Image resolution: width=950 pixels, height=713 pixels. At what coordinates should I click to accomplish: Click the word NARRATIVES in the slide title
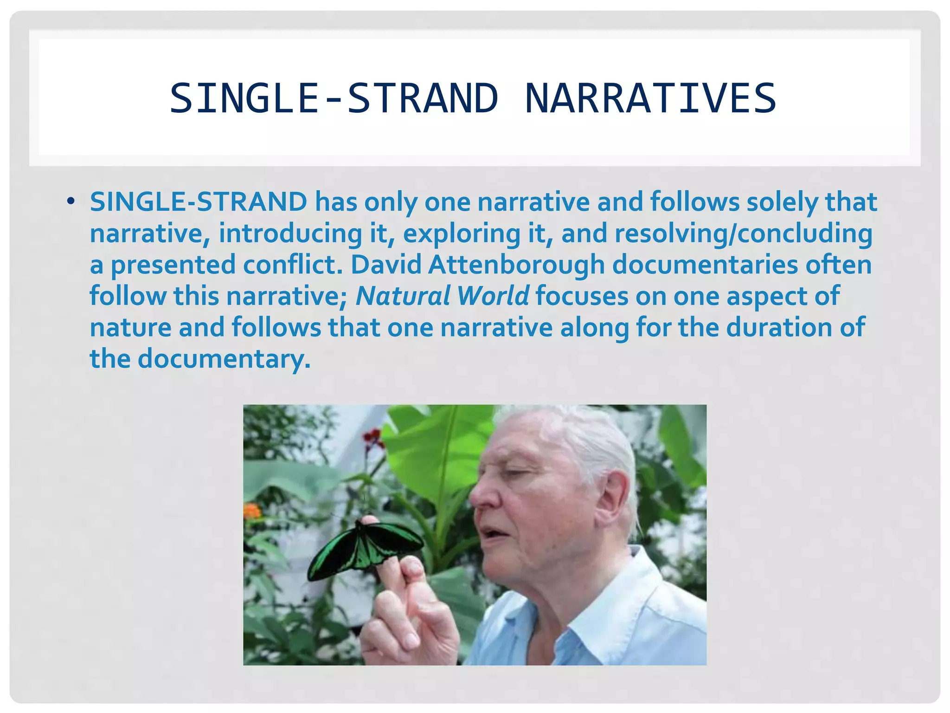[650, 98]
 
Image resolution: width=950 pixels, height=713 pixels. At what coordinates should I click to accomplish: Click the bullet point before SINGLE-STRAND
[71, 202]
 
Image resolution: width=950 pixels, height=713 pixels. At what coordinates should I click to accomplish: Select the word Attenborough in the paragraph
[516, 265]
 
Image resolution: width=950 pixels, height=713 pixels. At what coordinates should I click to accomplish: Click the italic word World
[493, 296]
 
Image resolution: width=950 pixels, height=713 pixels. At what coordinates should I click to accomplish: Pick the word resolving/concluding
[744, 233]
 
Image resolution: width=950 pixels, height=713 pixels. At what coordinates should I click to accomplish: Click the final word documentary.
[224, 359]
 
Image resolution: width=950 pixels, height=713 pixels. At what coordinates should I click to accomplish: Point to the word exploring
[462, 233]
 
